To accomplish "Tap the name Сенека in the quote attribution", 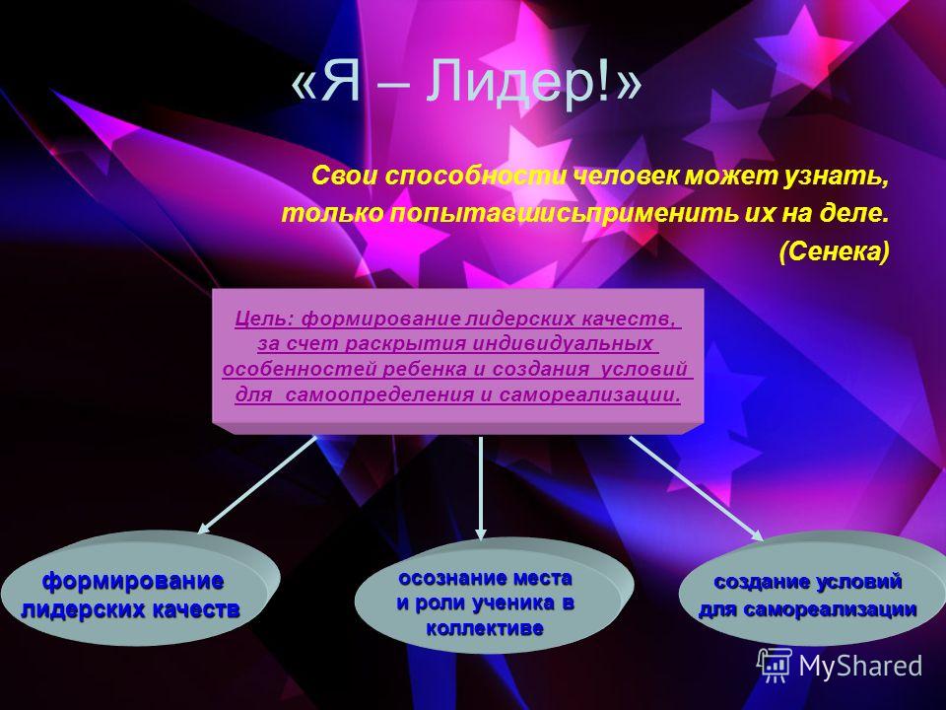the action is [835, 251].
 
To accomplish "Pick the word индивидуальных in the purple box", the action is [563, 343].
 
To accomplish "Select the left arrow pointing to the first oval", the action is [257, 485].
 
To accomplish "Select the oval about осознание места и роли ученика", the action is [494, 596].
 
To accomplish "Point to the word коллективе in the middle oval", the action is [485, 628].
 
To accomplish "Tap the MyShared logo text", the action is [860, 667].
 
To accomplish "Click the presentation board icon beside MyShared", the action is [775, 666].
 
